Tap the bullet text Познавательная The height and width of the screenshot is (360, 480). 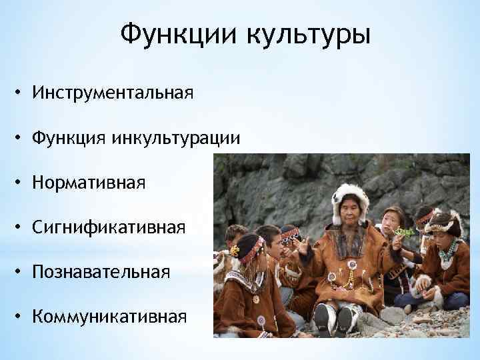100,271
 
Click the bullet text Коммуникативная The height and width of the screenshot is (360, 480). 108,315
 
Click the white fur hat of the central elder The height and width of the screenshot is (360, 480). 350,195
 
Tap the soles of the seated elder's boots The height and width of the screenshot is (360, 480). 334,319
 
